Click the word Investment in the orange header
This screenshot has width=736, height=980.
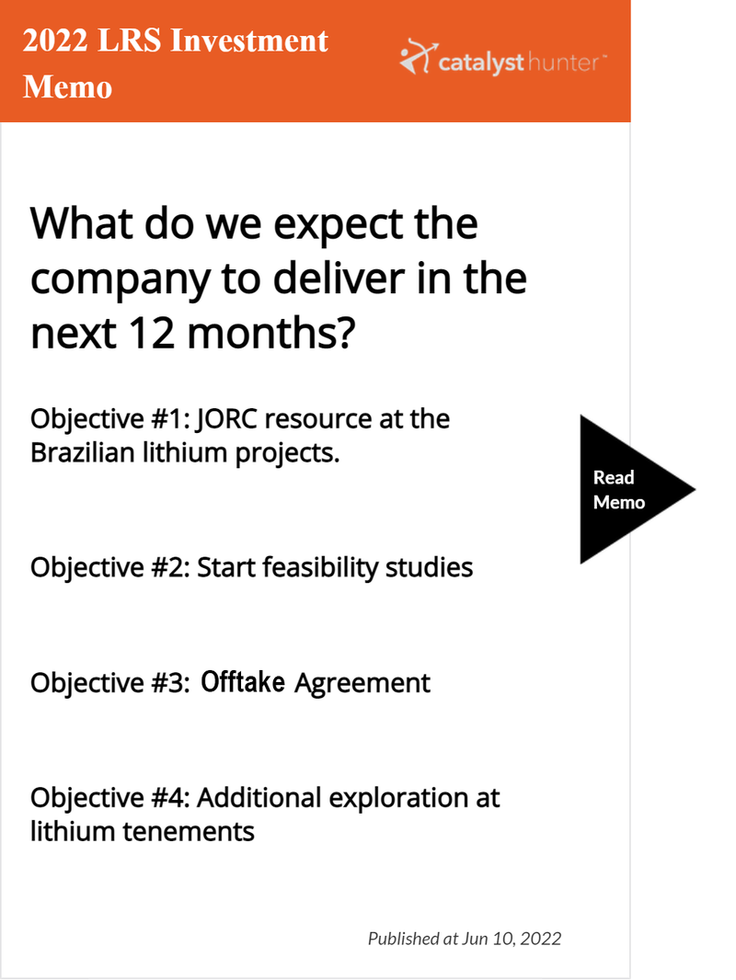pyautogui.click(x=248, y=40)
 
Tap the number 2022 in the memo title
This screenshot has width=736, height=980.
pyautogui.click(x=55, y=40)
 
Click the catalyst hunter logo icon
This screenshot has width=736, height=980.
pyautogui.click(x=418, y=57)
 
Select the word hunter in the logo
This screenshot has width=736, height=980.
pyautogui.click(x=563, y=63)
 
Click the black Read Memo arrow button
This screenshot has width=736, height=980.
pyautogui.click(x=631, y=489)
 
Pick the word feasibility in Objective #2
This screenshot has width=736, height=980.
pyautogui.click(x=321, y=568)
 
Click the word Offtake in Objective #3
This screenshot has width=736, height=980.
pyautogui.click(x=243, y=682)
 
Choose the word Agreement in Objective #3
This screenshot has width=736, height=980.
pyautogui.click(x=362, y=683)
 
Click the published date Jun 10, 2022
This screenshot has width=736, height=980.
pyautogui.click(x=512, y=939)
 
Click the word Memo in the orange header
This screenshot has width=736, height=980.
pyautogui.click(x=67, y=86)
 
